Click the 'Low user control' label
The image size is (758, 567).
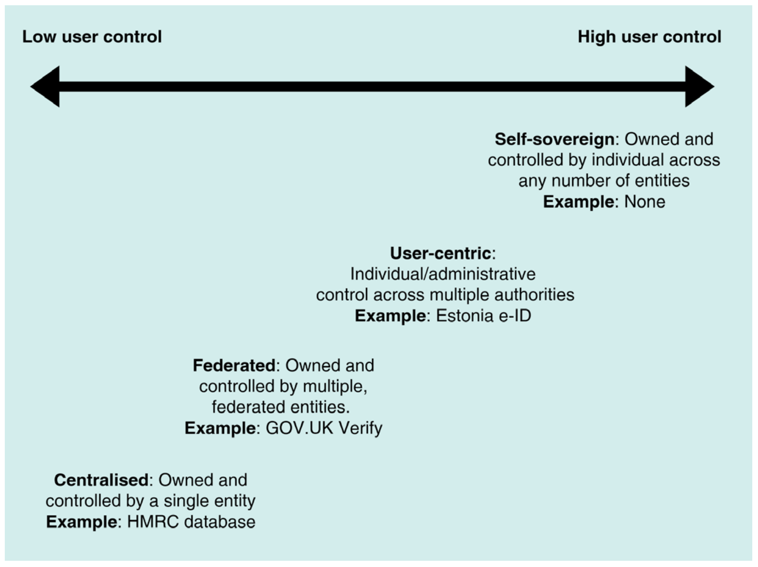coord(92,37)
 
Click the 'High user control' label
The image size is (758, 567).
coord(649,37)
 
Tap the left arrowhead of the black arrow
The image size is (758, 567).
coord(46,87)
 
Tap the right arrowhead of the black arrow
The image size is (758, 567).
coord(698,87)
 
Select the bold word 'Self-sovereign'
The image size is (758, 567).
coord(554,139)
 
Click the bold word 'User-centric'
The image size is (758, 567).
coord(440,253)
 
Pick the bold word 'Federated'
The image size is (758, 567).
coord(234,365)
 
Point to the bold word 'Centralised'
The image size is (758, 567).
coord(101,480)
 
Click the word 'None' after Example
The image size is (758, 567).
coord(644,202)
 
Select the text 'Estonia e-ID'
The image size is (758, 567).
coord(483,316)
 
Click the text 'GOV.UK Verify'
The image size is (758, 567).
coord(324,428)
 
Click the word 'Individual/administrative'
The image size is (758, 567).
coord(443,274)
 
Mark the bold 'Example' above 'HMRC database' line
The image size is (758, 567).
coord(81,522)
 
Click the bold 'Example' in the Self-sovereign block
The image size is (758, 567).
coord(578,202)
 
